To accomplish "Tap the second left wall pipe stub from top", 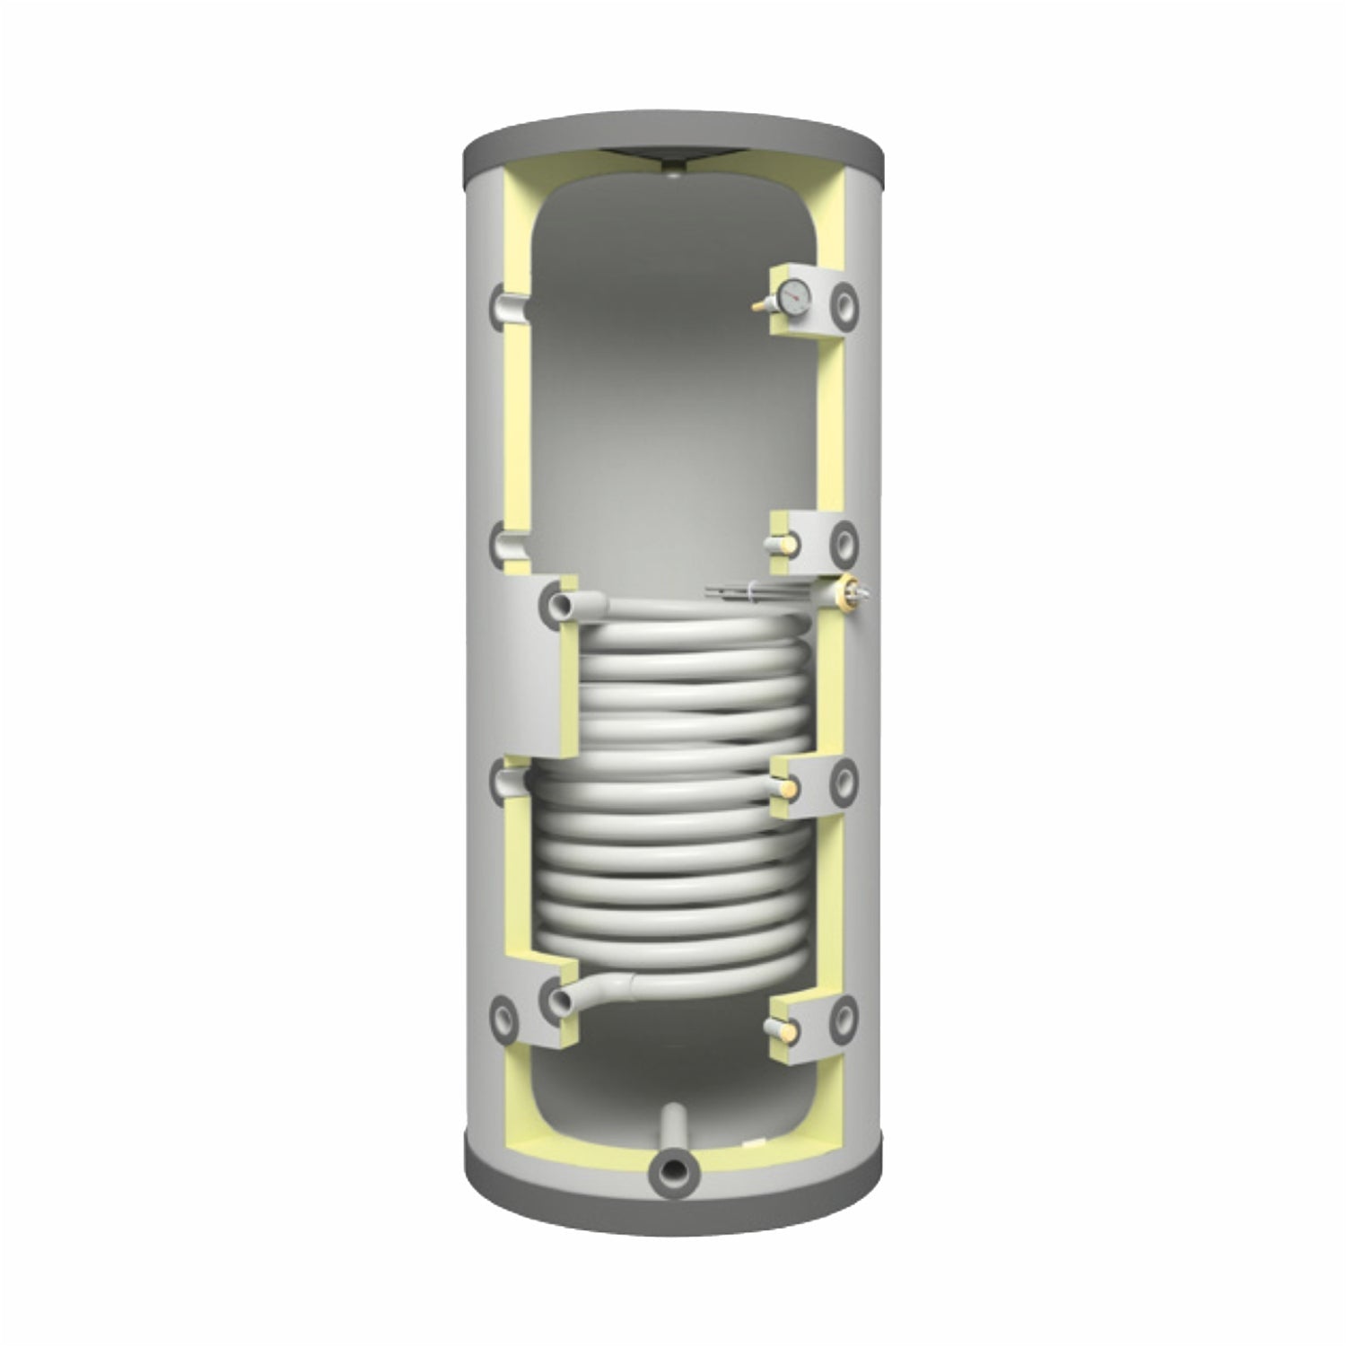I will point(500,543).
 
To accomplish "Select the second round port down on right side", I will point(844,540).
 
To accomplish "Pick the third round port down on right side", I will point(844,777).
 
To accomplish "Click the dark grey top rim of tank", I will point(673,135).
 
